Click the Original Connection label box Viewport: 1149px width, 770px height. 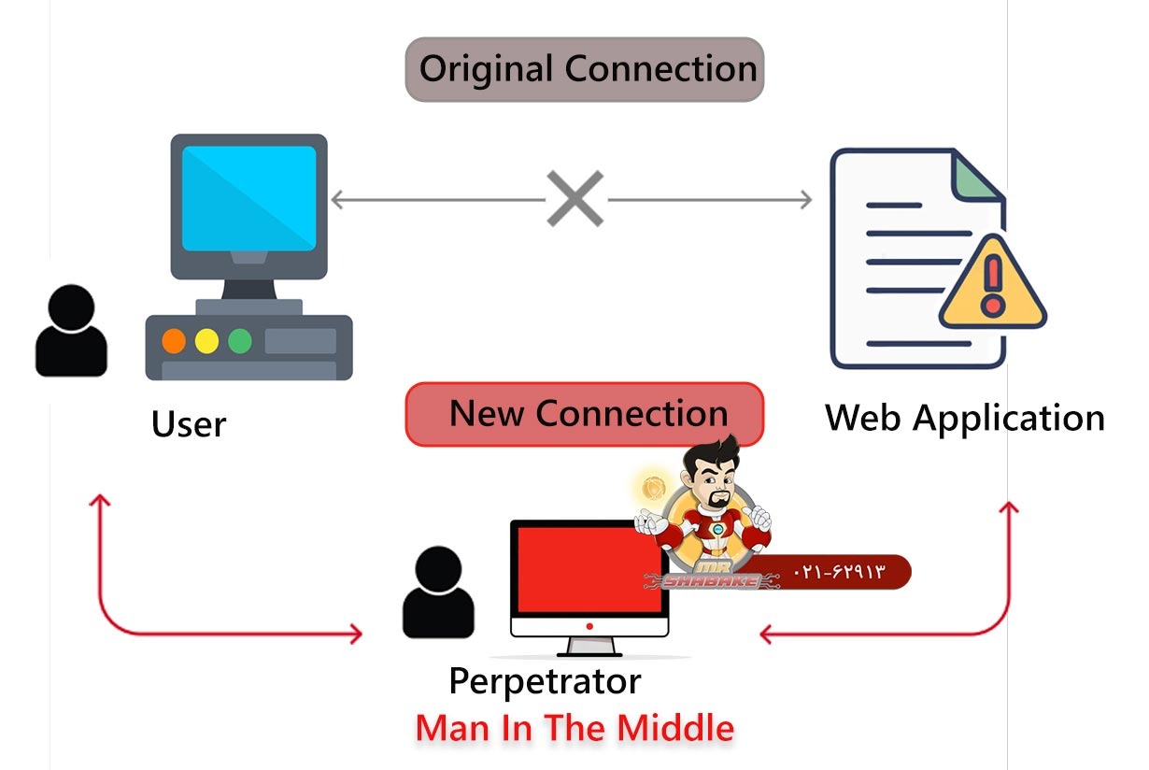pos(585,69)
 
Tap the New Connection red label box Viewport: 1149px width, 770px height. pos(585,413)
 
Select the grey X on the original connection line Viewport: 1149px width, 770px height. pos(574,199)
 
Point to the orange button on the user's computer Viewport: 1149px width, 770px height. pos(174,341)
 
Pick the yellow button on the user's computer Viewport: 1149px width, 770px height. pos(206,341)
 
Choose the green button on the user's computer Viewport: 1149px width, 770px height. pos(240,341)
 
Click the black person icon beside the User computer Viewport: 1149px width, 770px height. pos(71,331)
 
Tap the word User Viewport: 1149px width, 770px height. pos(189,424)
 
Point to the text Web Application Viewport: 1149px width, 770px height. pos(964,418)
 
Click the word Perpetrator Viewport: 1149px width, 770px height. pos(545,681)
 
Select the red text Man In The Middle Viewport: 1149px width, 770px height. pos(574,728)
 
